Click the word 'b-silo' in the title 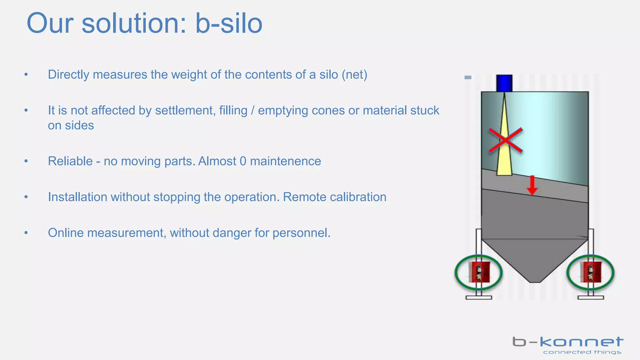pyautogui.click(x=229, y=24)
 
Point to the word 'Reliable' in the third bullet pyautogui.click(x=70, y=161)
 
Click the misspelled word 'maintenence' pyautogui.click(x=285, y=161)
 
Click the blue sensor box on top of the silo pyautogui.click(x=504, y=83)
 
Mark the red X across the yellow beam pyautogui.click(x=506, y=140)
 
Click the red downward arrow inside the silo pyautogui.click(x=532, y=185)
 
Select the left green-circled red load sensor pyautogui.click(x=479, y=272)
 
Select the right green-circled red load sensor pyautogui.click(x=590, y=272)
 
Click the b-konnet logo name pyautogui.click(x=567, y=342)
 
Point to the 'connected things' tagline pyautogui.click(x=582, y=352)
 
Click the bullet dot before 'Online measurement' pyautogui.click(x=26, y=233)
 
